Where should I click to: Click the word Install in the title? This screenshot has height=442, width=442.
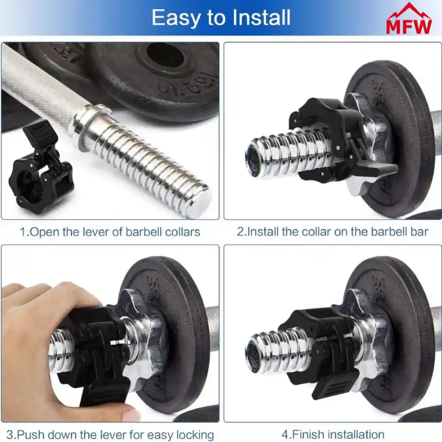[x=261, y=18]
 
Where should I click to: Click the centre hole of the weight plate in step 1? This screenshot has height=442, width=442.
[x=165, y=57]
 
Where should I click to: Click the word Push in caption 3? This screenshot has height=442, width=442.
[x=29, y=434]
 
